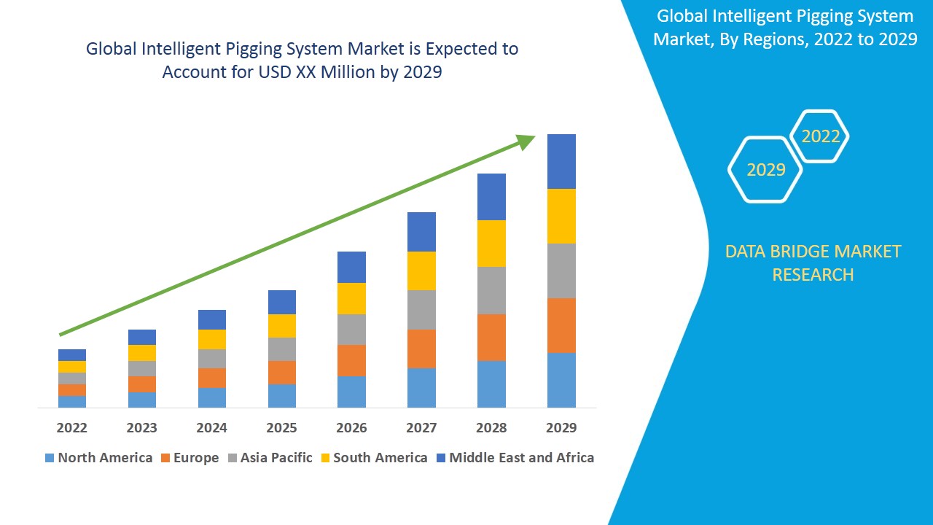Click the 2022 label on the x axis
point(71,427)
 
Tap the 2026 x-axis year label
point(351,427)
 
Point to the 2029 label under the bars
point(561,427)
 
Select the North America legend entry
point(98,458)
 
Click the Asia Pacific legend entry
point(270,458)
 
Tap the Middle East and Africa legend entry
point(515,458)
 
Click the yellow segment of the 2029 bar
point(561,216)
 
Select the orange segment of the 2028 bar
point(491,337)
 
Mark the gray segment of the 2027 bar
point(421,310)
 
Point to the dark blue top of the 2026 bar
point(351,267)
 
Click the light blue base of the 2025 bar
point(281,395)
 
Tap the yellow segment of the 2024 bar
point(211,339)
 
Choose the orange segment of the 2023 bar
point(141,384)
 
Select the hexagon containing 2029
point(765,170)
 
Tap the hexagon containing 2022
point(820,136)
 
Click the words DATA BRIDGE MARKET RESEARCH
point(813,263)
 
